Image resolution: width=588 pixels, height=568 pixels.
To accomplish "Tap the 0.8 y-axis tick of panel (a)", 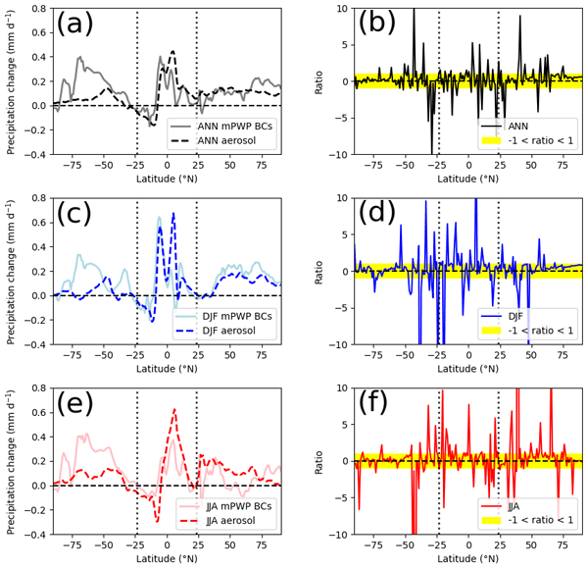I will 36,9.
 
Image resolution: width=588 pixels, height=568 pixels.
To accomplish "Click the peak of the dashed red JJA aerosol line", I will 173,409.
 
